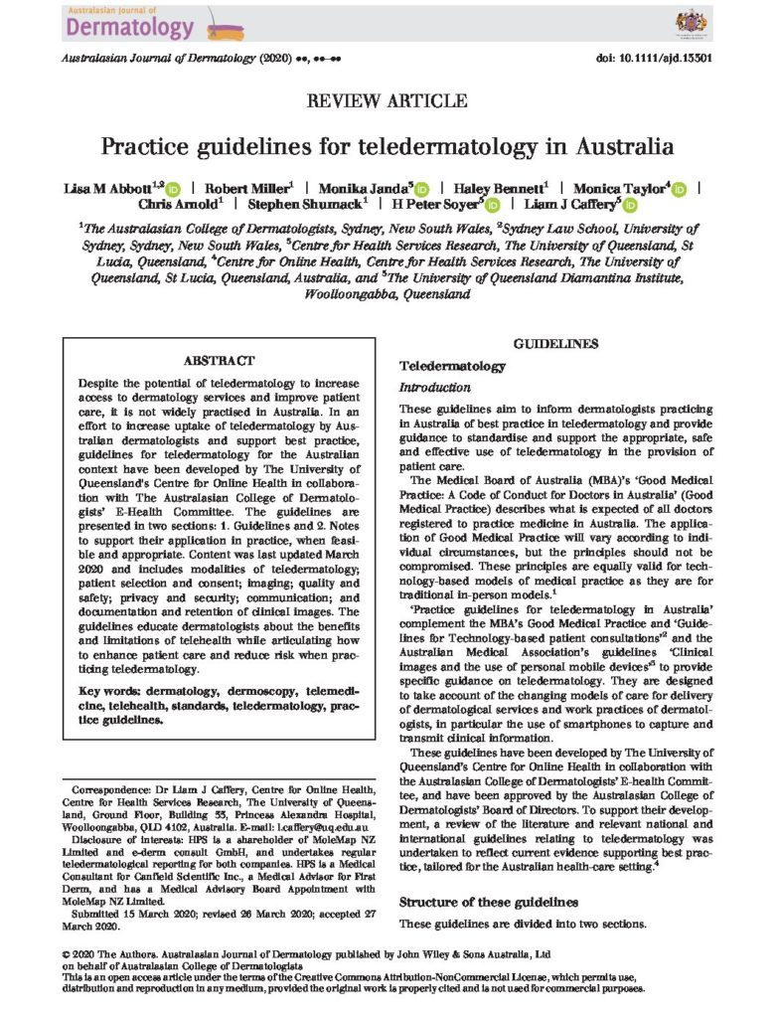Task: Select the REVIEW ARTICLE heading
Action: tap(388, 100)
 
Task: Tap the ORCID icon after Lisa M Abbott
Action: tap(172, 188)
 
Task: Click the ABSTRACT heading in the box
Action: tap(220, 360)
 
